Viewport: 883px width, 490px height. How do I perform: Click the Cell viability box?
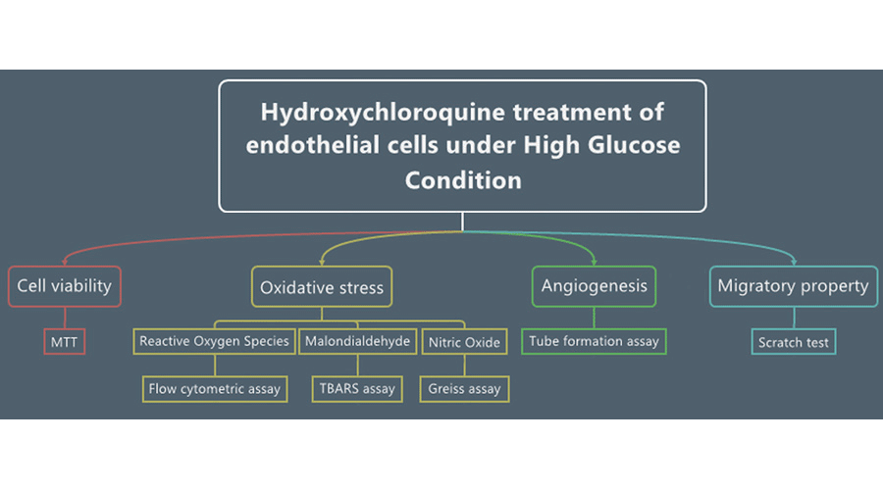(65, 286)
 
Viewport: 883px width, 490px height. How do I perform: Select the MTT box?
(65, 342)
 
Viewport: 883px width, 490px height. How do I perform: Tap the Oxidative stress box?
(322, 287)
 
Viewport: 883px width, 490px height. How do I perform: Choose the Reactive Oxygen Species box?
(215, 341)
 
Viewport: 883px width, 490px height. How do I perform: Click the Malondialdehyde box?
(357, 341)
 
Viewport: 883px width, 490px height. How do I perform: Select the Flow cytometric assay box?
(215, 388)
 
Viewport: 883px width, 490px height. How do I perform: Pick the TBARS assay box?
(357, 388)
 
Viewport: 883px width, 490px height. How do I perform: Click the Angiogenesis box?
(595, 286)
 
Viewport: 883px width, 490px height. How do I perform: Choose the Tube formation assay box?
(595, 341)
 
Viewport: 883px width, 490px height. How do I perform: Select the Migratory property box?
(793, 286)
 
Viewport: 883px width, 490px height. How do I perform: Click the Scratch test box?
(794, 342)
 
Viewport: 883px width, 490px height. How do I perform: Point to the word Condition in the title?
(463, 180)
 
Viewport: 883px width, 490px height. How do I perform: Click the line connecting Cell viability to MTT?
(65, 318)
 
